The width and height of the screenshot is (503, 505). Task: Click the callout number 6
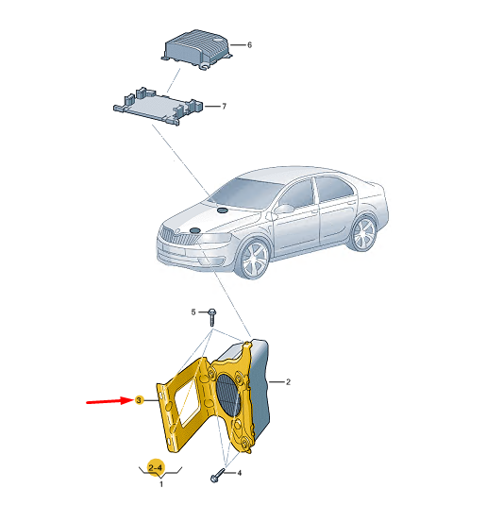(249, 45)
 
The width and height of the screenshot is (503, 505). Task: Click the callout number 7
(224, 106)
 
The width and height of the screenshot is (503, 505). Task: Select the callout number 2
(288, 382)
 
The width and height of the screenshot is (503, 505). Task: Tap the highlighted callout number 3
(139, 400)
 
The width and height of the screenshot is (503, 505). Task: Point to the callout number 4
(240, 473)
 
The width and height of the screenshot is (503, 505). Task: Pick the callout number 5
(193, 312)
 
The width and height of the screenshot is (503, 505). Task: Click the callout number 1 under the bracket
(161, 484)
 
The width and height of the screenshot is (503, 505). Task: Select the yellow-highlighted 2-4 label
(156, 467)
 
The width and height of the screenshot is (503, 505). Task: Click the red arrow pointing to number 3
(110, 401)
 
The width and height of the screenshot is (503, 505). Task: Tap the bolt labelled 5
(211, 317)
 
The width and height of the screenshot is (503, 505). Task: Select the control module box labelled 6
(196, 49)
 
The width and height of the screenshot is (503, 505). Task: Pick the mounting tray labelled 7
(159, 106)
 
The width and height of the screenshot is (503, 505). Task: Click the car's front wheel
(255, 259)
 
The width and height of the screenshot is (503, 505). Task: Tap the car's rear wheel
(363, 233)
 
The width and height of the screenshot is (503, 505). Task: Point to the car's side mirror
(284, 209)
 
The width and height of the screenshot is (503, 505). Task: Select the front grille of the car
(177, 238)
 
